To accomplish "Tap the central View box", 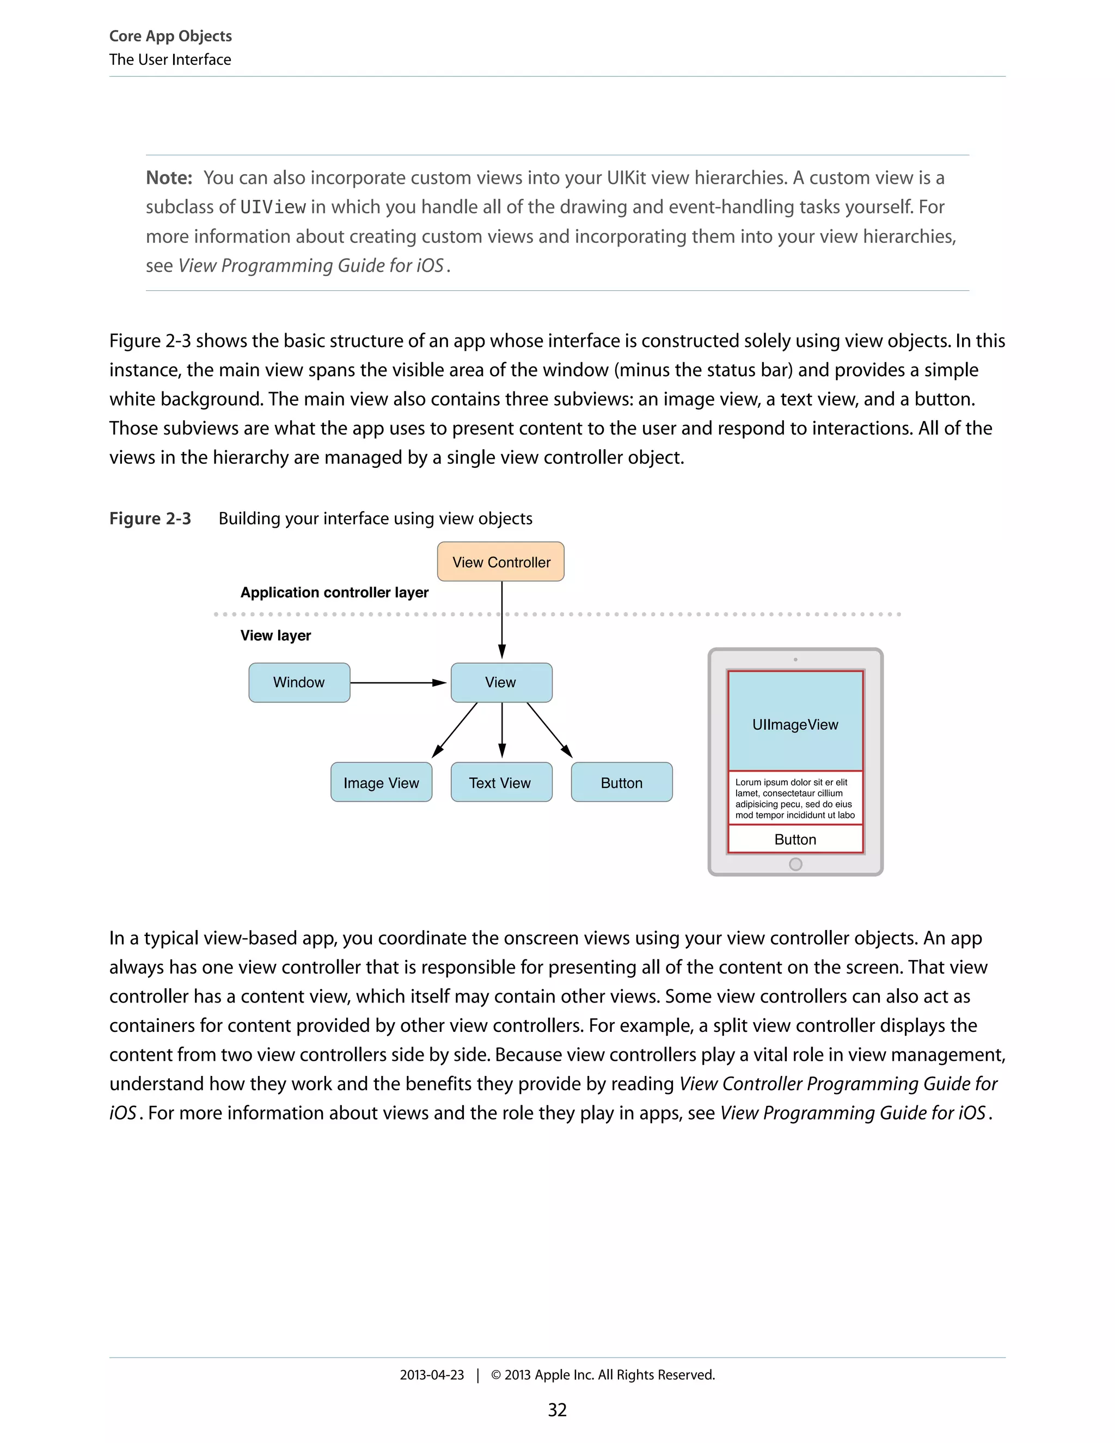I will pyautogui.click(x=501, y=682).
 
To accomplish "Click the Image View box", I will pyautogui.click(x=381, y=782).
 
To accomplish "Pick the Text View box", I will pyautogui.click(x=501, y=782).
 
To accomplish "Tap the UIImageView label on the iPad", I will pyautogui.click(x=795, y=724).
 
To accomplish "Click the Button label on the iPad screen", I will pyautogui.click(x=795, y=839).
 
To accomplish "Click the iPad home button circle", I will pyautogui.click(x=795, y=864).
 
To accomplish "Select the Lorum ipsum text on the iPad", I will pyautogui.click(x=795, y=798).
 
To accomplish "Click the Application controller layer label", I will pyautogui.click(x=334, y=592).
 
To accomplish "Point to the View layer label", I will pyautogui.click(x=275, y=635).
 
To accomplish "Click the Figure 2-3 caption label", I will pyautogui.click(x=150, y=518).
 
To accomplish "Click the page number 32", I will pyautogui.click(x=557, y=1410).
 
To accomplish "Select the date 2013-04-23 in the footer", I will pyautogui.click(x=432, y=1374).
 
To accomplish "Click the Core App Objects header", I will pyautogui.click(x=170, y=36).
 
